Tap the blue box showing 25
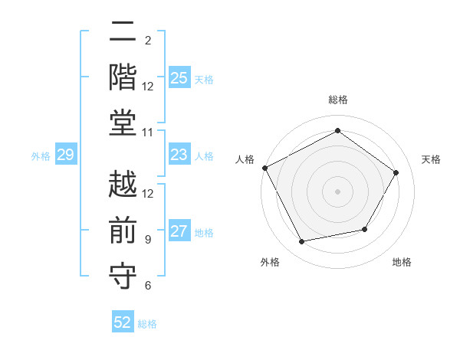pos(179,78)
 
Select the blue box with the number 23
pos(179,155)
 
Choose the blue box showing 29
pos(65,155)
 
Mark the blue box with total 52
pos(123,322)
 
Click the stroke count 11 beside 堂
pos(148,133)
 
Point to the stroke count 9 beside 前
pos(148,239)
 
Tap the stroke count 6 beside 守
pos(148,286)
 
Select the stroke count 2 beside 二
pos(148,40)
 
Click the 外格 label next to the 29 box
pos(41,156)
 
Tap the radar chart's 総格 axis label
pos(337,100)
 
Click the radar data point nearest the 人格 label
pos(265,168)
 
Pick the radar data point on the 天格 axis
pos(396,172)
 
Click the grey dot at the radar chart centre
pos(337,191)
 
